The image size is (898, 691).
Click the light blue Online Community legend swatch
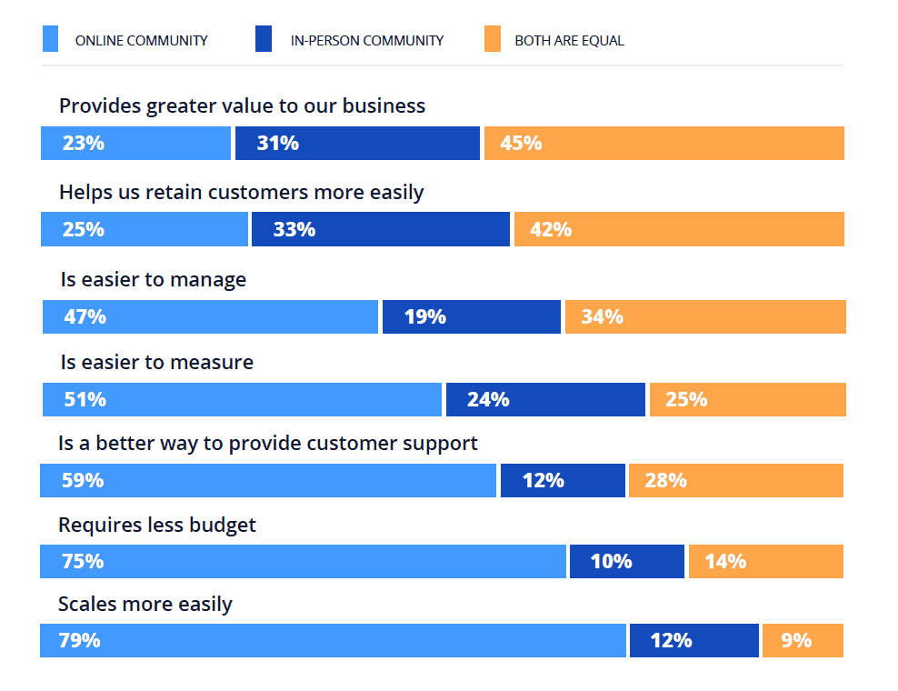51,40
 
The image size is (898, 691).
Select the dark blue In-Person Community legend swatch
264,40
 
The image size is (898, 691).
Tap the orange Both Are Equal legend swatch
492,40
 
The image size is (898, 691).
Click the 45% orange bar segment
664,143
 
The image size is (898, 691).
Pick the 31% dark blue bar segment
357,143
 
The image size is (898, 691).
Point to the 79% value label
79,640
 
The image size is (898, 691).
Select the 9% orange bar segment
803,640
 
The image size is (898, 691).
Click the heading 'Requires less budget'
157,525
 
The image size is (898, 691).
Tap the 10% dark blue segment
626,561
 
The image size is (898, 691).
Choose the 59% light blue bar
268,480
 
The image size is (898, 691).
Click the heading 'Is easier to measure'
157,362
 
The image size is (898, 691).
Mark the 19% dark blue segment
471,316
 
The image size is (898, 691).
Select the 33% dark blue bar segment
380,229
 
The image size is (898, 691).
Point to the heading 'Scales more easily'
145,604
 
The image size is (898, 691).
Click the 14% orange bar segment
765,561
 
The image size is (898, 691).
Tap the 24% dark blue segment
545,399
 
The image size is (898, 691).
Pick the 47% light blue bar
210,316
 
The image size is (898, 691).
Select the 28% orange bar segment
735,480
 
